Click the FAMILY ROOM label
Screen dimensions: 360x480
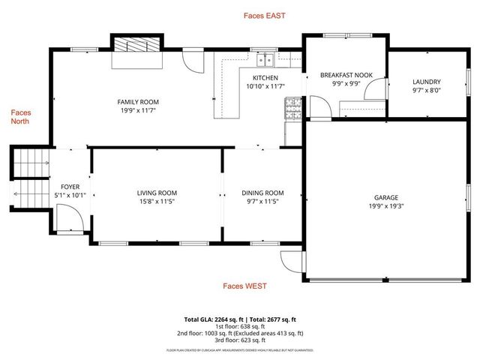click(x=138, y=102)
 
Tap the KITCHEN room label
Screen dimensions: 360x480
click(x=265, y=78)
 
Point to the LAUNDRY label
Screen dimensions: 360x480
click(x=427, y=82)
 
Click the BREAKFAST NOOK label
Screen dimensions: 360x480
click(x=346, y=75)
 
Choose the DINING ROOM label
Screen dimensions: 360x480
click(x=262, y=193)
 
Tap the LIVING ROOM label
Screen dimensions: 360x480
click(x=157, y=193)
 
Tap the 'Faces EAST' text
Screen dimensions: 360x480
click(x=265, y=15)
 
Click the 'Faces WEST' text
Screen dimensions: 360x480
click(x=244, y=286)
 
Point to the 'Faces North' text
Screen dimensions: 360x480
click(x=20, y=117)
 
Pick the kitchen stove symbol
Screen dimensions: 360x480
click(x=291, y=111)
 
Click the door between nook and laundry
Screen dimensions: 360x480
click(x=379, y=93)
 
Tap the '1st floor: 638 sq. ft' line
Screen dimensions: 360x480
click(x=239, y=325)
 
